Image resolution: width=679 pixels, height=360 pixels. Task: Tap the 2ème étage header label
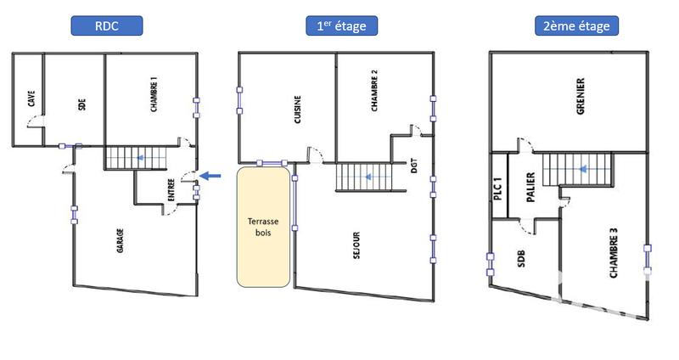point(576,25)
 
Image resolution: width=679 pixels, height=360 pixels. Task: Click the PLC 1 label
point(498,188)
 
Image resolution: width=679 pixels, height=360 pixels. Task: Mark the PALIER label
point(529,187)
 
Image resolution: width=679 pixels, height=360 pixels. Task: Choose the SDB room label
point(521,262)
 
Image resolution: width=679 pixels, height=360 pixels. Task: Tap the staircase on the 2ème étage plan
point(576,169)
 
